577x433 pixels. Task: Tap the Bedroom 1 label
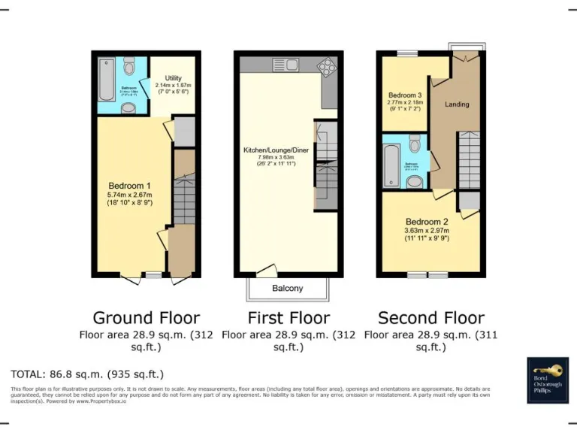(130, 186)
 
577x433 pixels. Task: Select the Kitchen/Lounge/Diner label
(275, 150)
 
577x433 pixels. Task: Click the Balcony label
(287, 289)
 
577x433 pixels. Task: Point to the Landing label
(457, 104)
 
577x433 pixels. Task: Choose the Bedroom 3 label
(404, 95)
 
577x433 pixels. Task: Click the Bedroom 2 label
(427, 222)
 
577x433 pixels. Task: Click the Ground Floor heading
(146, 317)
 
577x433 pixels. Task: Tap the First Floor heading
(288, 317)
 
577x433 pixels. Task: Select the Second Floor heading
(430, 317)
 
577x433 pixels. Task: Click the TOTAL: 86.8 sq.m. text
(87, 374)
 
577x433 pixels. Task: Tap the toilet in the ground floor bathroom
(130, 69)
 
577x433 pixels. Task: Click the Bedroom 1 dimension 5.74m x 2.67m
(130, 195)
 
